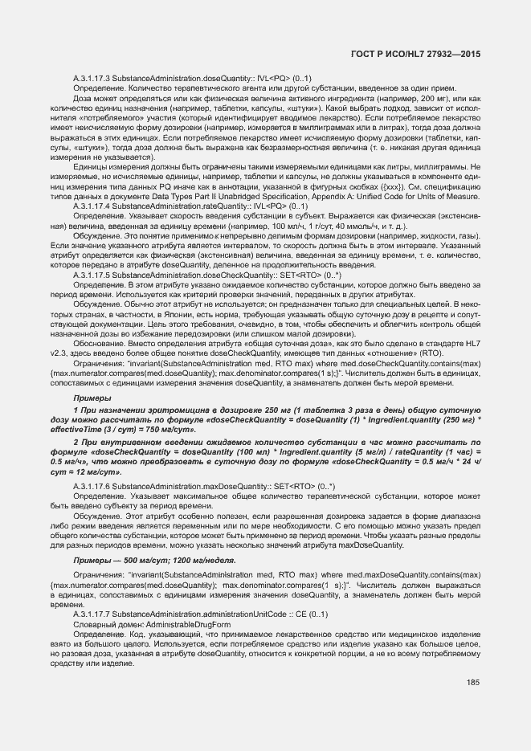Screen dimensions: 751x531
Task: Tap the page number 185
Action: pyautogui.click(x=472, y=683)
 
